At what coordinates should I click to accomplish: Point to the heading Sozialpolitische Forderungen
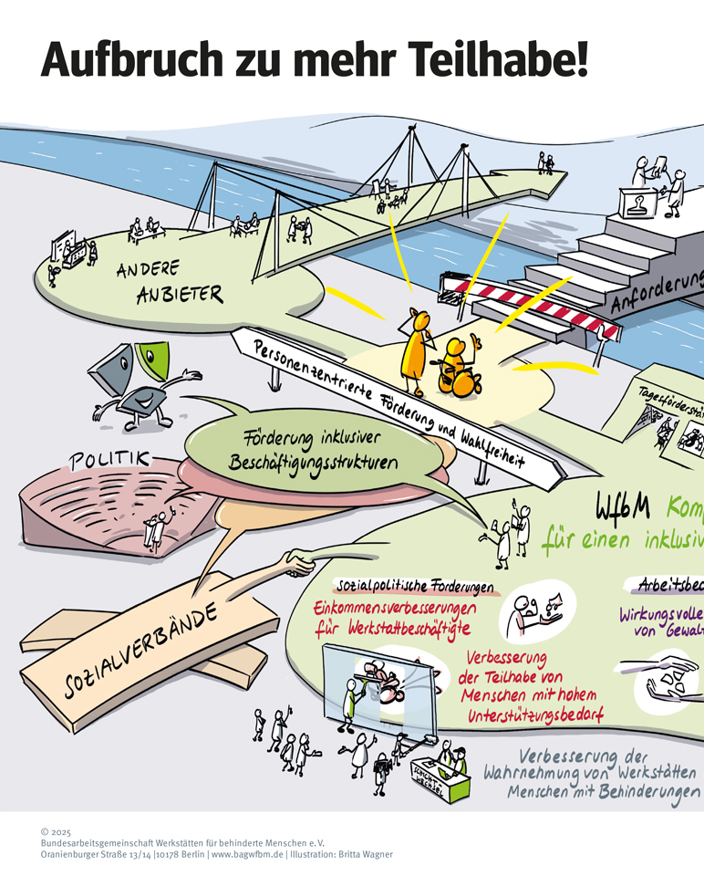tap(416, 586)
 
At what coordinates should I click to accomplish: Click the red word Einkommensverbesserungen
tap(405, 607)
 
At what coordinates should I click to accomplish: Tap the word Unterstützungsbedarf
tap(534, 716)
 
